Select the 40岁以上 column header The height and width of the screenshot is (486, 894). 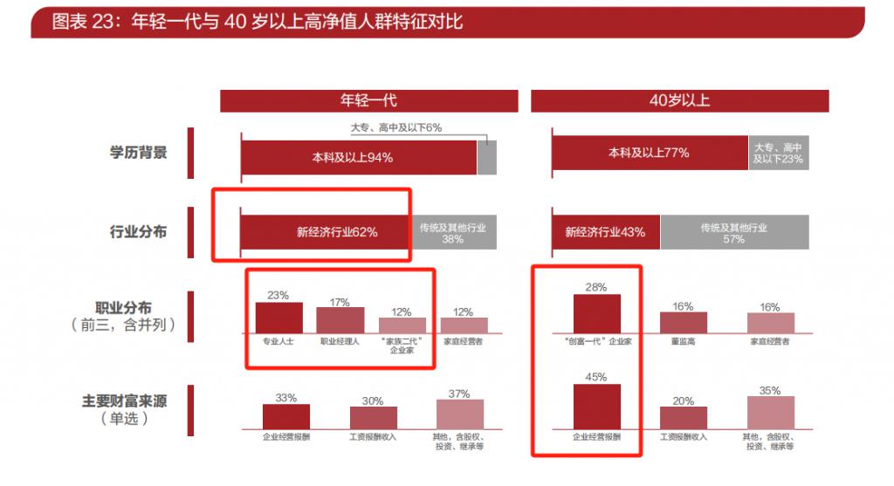point(679,100)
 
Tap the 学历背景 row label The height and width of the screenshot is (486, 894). point(137,152)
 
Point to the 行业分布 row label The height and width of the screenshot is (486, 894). point(137,232)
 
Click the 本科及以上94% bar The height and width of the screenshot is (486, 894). point(358,157)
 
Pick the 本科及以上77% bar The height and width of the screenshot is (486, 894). point(649,153)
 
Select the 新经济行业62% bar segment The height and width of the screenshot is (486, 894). point(325,233)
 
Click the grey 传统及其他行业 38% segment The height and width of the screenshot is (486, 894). point(452,233)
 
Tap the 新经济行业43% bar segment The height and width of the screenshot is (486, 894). point(605,232)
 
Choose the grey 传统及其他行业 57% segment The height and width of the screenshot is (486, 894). point(733,233)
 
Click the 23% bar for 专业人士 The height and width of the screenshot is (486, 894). point(279,317)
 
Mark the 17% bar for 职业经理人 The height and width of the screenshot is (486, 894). point(340,320)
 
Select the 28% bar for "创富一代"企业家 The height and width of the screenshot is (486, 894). point(597,313)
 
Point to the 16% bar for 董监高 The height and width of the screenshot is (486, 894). point(683,322)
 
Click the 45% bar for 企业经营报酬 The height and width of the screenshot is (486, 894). point(597,407)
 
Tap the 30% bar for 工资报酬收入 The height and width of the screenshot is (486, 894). point(373,417)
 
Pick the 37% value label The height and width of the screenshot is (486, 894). point(459,394)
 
